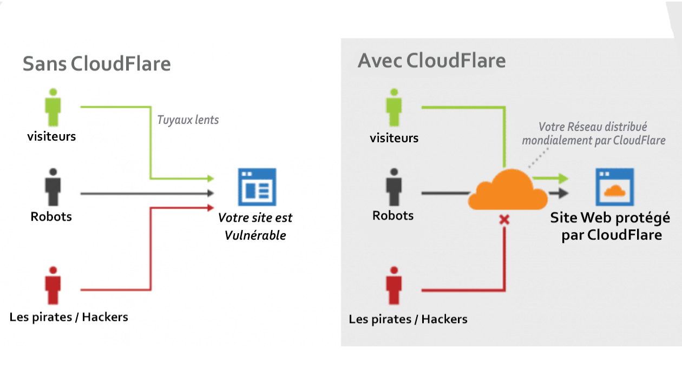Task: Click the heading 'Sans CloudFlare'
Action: (96, 64)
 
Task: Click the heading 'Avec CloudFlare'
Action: (431, 60)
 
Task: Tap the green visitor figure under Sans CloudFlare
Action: (53, 107)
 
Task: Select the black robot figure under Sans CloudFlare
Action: (53, 187)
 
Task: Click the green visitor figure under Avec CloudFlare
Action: (394, 107)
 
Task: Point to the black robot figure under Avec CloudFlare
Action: (394, 187)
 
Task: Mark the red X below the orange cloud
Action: (504, 220)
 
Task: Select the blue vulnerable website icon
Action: (257, 187)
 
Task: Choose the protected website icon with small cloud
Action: (615, 187)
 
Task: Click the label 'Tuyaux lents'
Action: (188, 120)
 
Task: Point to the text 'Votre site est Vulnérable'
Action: (255, 226)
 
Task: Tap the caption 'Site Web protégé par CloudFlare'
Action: (610, 226)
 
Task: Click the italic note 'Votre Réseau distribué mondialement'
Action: (593, 134)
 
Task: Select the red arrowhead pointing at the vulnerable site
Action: (211, 208)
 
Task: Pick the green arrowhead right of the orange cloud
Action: (563, 179)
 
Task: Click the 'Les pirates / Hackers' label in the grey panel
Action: (408, 319)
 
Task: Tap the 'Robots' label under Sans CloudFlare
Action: (51, 216)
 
